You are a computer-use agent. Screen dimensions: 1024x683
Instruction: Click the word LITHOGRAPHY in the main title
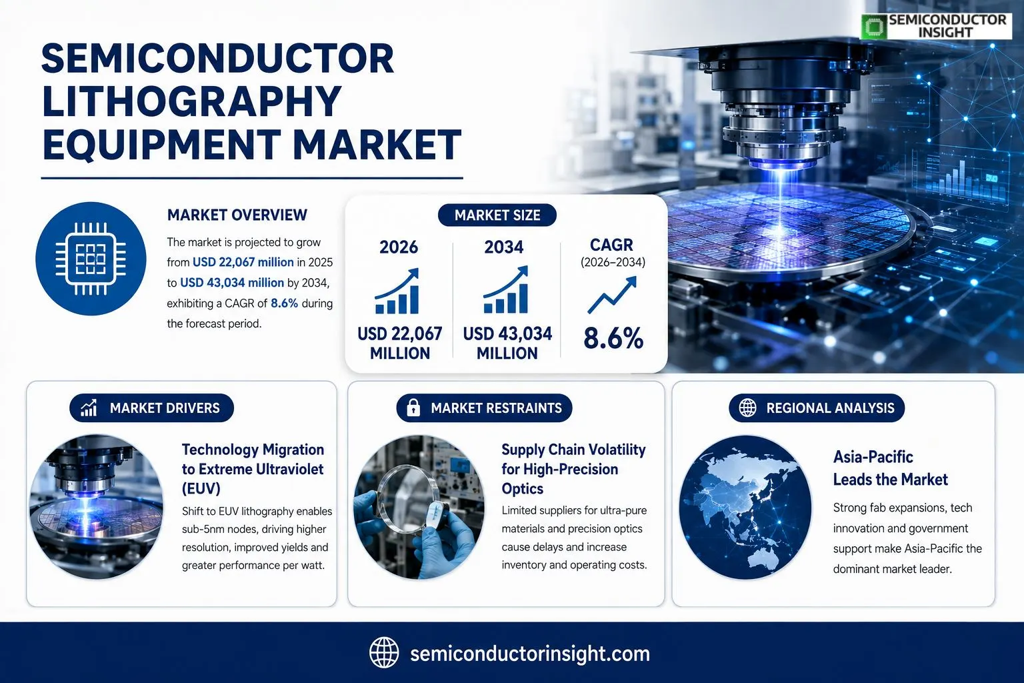(x=191, y=101)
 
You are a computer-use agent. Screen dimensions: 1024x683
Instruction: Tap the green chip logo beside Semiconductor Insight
(x=873, y=27)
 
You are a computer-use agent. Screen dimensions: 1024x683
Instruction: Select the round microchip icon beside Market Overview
(x=91, y=259)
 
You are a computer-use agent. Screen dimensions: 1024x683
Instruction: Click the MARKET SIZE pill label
(x=497, y=215)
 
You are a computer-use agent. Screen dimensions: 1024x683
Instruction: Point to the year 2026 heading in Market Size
(x=399, y=247)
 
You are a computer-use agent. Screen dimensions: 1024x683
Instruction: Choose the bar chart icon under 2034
(x=505, y=289)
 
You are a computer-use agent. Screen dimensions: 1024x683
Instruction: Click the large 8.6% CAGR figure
(x=613, y=338)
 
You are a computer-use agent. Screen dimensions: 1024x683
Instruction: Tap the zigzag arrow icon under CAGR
(x=612, y=295)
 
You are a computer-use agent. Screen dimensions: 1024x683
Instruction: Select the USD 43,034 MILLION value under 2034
(x=507, y=343)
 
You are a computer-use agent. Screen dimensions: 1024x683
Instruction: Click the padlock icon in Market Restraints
(x=413, y=407)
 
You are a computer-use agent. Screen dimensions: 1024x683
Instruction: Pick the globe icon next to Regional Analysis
(x=748, y=408)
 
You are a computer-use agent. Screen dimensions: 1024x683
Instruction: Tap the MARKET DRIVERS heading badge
(x=152, y=408)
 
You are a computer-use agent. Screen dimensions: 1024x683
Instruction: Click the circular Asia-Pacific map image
(x=745, y=508)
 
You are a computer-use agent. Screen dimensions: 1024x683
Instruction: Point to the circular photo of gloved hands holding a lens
(x=419, y=508)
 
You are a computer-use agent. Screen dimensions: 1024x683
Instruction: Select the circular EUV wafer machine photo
(x=96, y=507)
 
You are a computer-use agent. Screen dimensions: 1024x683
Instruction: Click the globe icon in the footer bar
(x=384, y=653)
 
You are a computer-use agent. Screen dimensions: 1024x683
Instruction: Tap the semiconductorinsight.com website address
(x=530, y=654)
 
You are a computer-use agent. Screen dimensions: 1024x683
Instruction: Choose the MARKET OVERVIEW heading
(x=237, y=215)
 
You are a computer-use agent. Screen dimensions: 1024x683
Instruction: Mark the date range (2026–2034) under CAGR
(x=613, y=263)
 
